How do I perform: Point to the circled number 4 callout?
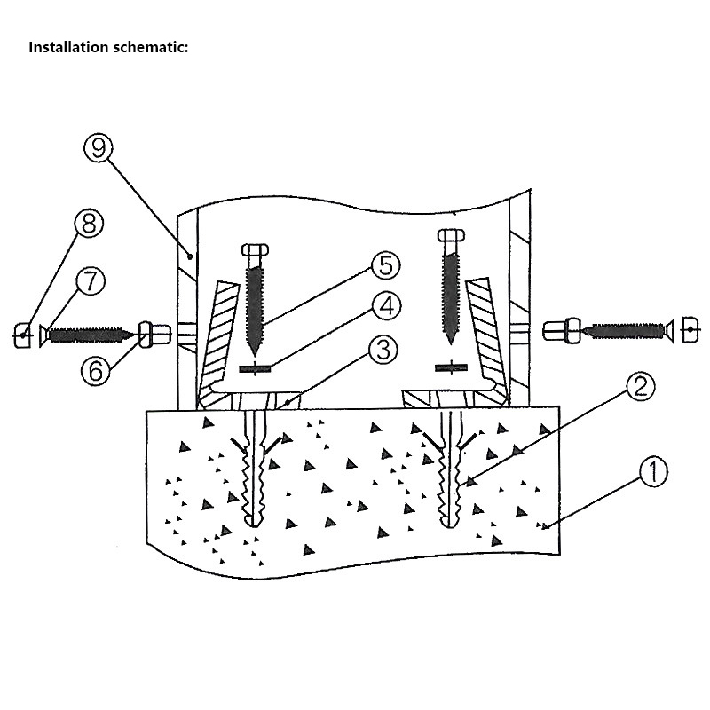(x=385, y=307)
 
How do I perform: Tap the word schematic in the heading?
(x=153, y=47)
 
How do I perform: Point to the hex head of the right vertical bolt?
(x=450, y=235)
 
